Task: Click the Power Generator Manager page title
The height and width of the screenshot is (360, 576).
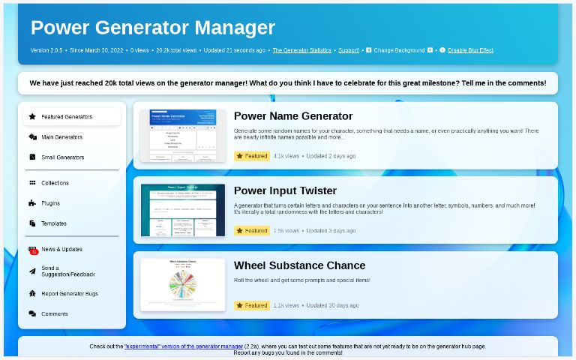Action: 153,28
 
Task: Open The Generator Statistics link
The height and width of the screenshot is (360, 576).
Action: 301,50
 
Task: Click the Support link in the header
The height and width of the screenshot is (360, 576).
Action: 349,50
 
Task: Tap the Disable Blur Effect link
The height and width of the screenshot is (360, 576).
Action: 471,50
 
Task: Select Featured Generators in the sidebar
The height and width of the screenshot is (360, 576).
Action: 67,117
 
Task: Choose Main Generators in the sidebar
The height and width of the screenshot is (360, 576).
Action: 61,137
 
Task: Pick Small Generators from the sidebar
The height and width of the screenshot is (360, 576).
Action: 62,157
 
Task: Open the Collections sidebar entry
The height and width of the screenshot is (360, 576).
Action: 55,183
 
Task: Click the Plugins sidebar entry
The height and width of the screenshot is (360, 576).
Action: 50,203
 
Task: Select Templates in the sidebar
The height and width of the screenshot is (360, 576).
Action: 53,223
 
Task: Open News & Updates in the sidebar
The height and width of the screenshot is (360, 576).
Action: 61,249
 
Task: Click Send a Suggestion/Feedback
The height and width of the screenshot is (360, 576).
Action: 67,271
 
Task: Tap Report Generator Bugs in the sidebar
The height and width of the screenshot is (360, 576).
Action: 69,294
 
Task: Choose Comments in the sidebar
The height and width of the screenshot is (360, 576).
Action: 54,314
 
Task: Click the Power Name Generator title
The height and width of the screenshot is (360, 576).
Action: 293,116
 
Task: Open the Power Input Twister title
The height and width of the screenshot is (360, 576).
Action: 285,190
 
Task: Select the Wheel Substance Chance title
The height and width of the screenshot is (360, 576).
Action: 299,265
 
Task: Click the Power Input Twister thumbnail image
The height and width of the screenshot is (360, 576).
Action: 183,210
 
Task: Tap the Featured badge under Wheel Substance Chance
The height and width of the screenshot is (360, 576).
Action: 251,306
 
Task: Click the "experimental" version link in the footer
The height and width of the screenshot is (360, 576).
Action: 184,346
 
